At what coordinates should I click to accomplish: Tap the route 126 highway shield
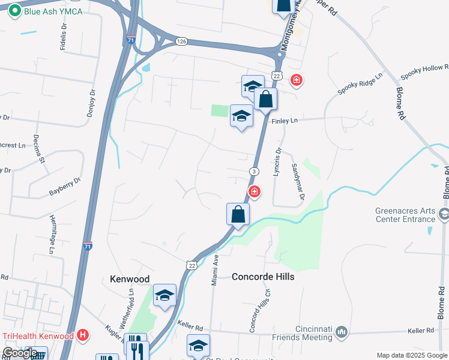tap(182, 41)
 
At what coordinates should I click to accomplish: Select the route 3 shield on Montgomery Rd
tap(255, 172)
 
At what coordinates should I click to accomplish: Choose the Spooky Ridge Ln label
tap(360, 83)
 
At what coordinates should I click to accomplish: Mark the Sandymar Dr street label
tap(298, 181)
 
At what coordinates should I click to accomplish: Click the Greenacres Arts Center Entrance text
tap(406, 215)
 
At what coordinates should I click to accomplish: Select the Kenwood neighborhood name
tap(129, 279)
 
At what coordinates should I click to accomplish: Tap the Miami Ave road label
tap(214, 269)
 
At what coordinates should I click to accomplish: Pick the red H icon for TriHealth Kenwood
tap(83, 335)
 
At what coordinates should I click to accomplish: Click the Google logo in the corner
tap(20, 353)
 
